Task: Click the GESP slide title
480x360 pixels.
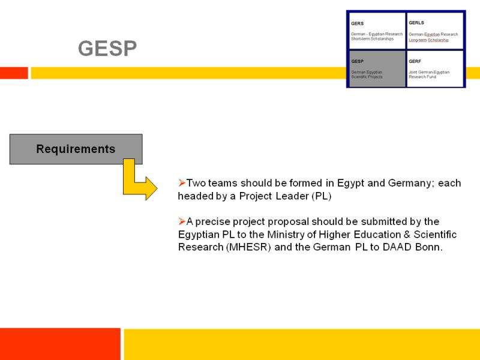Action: click(x=107, y=49)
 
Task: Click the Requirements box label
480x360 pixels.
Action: click(x=76, y=149)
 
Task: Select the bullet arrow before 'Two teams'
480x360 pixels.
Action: click(x=182, y=183)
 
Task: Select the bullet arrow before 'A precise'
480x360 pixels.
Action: click(x=182, y=221)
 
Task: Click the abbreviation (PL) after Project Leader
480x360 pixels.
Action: click(x=322, y=196)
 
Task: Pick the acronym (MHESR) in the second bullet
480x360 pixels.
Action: click(x=248, y=247)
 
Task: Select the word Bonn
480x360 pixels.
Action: click(x=428, y=247)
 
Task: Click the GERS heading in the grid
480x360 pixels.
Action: click(x=357, y=23)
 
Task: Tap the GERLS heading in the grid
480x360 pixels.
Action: click(x=416, y=23)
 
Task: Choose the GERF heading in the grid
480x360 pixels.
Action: click(x=415, y=61)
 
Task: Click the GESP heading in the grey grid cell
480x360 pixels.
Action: click(x=357, y=61)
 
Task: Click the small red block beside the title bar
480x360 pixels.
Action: click(x=14, y=73)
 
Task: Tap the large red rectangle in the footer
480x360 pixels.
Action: click(x=60, y=344)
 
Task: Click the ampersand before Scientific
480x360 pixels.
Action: click(x=407, y=235)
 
